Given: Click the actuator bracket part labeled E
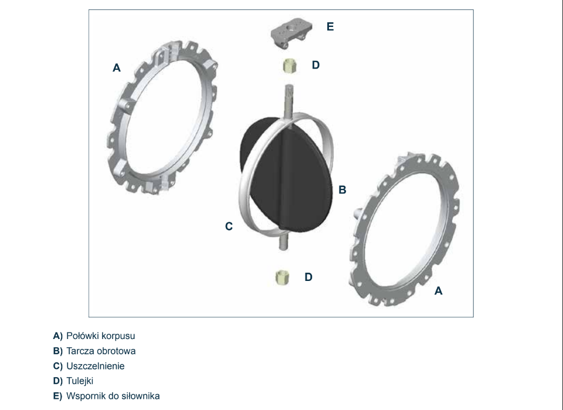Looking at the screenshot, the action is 291,33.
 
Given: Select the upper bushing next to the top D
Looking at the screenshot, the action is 289,66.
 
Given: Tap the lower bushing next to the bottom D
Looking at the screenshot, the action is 282,277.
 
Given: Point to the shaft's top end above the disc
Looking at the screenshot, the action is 289,86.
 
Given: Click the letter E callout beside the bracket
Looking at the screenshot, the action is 330,26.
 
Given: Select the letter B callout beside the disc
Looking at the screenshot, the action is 342,189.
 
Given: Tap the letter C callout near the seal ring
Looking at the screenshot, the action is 229,226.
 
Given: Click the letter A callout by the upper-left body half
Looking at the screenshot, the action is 116,67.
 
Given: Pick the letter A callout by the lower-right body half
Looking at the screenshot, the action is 439,291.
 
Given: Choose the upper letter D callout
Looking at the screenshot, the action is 316,65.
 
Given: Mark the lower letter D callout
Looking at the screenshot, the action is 308,277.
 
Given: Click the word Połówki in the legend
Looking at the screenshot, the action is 83,336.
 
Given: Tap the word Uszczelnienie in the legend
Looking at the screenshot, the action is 96,366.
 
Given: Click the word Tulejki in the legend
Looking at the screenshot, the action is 80,381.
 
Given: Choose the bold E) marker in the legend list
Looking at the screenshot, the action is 58,396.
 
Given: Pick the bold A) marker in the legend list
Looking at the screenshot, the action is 58,336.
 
